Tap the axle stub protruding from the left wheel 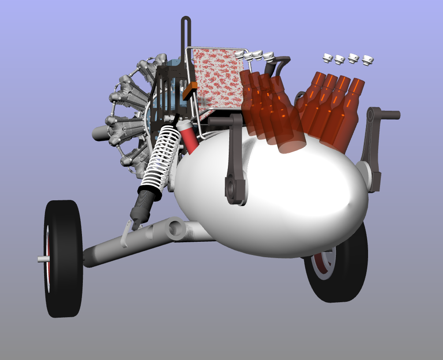[42, 259]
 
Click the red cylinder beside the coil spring [189, 137]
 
